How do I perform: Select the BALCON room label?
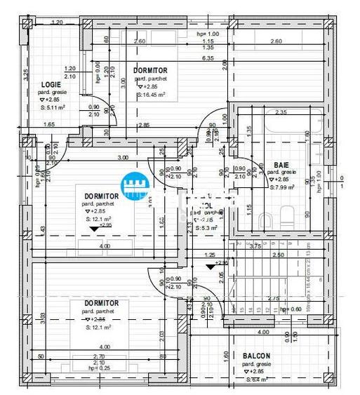[258, 356]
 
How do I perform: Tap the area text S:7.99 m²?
[284, 187]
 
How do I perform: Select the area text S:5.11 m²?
[52, 107]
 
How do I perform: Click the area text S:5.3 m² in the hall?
[208, 228]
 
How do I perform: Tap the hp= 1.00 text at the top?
[208, 34]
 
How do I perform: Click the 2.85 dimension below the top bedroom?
[143, 125]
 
